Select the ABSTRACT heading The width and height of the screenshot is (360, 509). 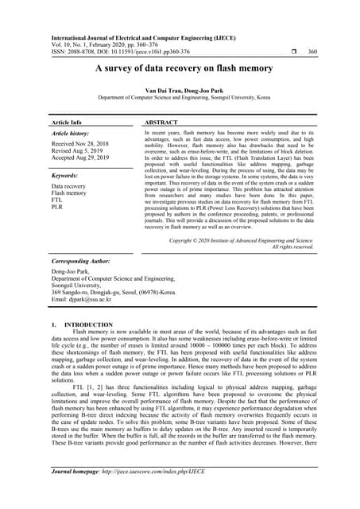click(x=161, y=123)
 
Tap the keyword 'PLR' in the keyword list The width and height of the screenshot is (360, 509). click(x=57, y=208)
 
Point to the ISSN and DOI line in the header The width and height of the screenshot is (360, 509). click(x=126, y=52)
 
